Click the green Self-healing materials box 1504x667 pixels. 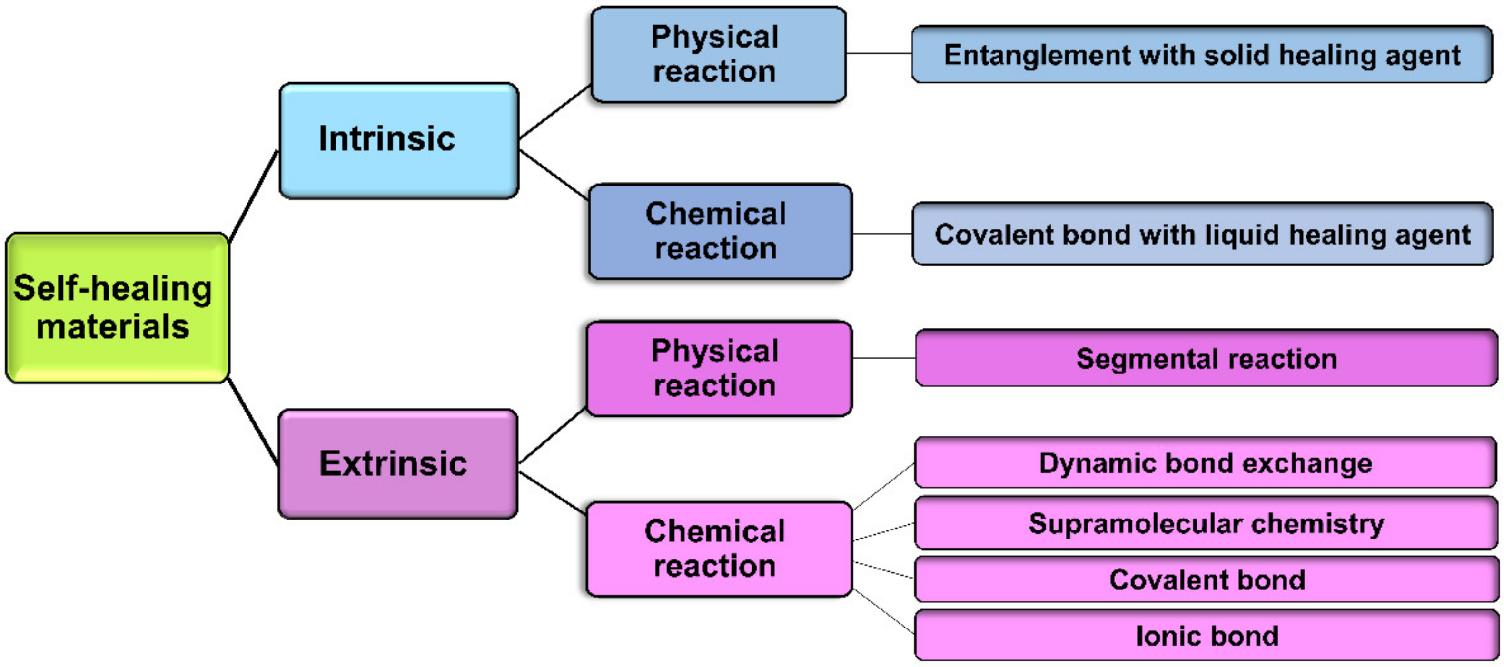[x=117, y=307]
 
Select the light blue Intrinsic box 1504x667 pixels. [x=398, y=140]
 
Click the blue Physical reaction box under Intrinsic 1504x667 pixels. [x=718, y=54]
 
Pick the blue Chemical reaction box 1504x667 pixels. [x=719, y=231]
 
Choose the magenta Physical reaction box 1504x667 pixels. [x=718, y=368]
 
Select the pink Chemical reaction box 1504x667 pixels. [x=718, y=549]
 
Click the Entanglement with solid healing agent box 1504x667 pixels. [x=1202, y=54]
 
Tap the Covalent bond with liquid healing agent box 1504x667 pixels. [x=1202, y=234]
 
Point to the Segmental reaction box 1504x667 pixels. [x=1206, y=358]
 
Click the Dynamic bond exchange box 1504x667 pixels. [x=1205, y=463]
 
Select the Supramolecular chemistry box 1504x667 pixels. [x=1205, y=523]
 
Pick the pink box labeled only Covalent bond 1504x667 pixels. [x=1206, y=579]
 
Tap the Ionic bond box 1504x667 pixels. [x=1206, y=635]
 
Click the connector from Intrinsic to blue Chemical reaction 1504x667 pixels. [x=553, y=175]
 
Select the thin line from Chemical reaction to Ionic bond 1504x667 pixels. [x=883, y=611]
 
